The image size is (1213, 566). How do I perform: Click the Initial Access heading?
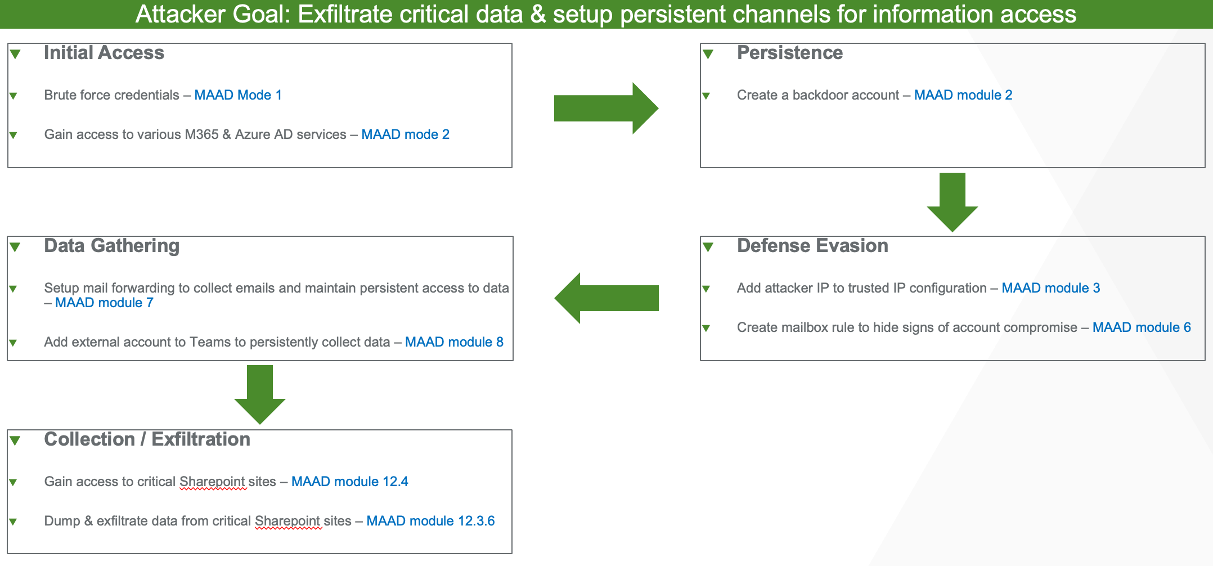click(x=104, y=53)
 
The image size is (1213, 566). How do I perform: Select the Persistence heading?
click(x=789, y=53)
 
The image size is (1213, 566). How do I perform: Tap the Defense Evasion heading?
click(x=812, y=246)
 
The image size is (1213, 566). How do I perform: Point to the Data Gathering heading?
click(x=111, y=246)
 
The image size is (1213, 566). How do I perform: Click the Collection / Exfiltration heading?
click(x=147, y=439)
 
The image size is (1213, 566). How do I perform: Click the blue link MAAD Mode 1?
click(x=238, y=95)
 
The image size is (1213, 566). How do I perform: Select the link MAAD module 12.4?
click(x=349, y=482)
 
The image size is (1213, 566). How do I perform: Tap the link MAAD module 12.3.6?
click(x=430, y=521)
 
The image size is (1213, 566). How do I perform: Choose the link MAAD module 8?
click(x=454, y=342)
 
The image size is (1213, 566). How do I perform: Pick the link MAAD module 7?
click(x=104, y=303)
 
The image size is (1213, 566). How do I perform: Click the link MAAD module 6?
click(x=1142, y=327)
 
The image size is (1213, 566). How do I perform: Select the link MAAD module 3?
click(x=1050, y=288)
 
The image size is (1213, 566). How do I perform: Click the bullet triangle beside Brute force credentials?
click(x=14, y=96)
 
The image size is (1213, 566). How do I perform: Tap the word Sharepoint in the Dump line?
click(x=287, y=521)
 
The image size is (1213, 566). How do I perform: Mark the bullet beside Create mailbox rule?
click(x=706, y=328)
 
